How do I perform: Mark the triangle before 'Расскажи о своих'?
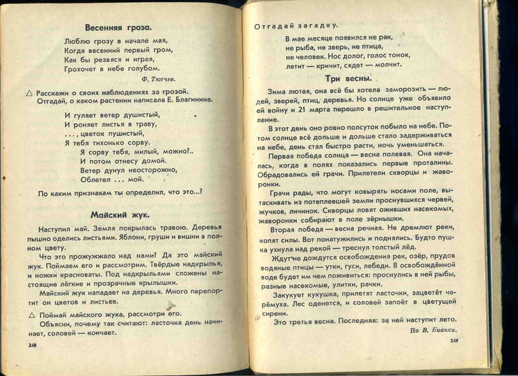[29, 92]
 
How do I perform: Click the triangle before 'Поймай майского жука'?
[31, 313]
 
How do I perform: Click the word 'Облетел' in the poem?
[95, 178]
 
